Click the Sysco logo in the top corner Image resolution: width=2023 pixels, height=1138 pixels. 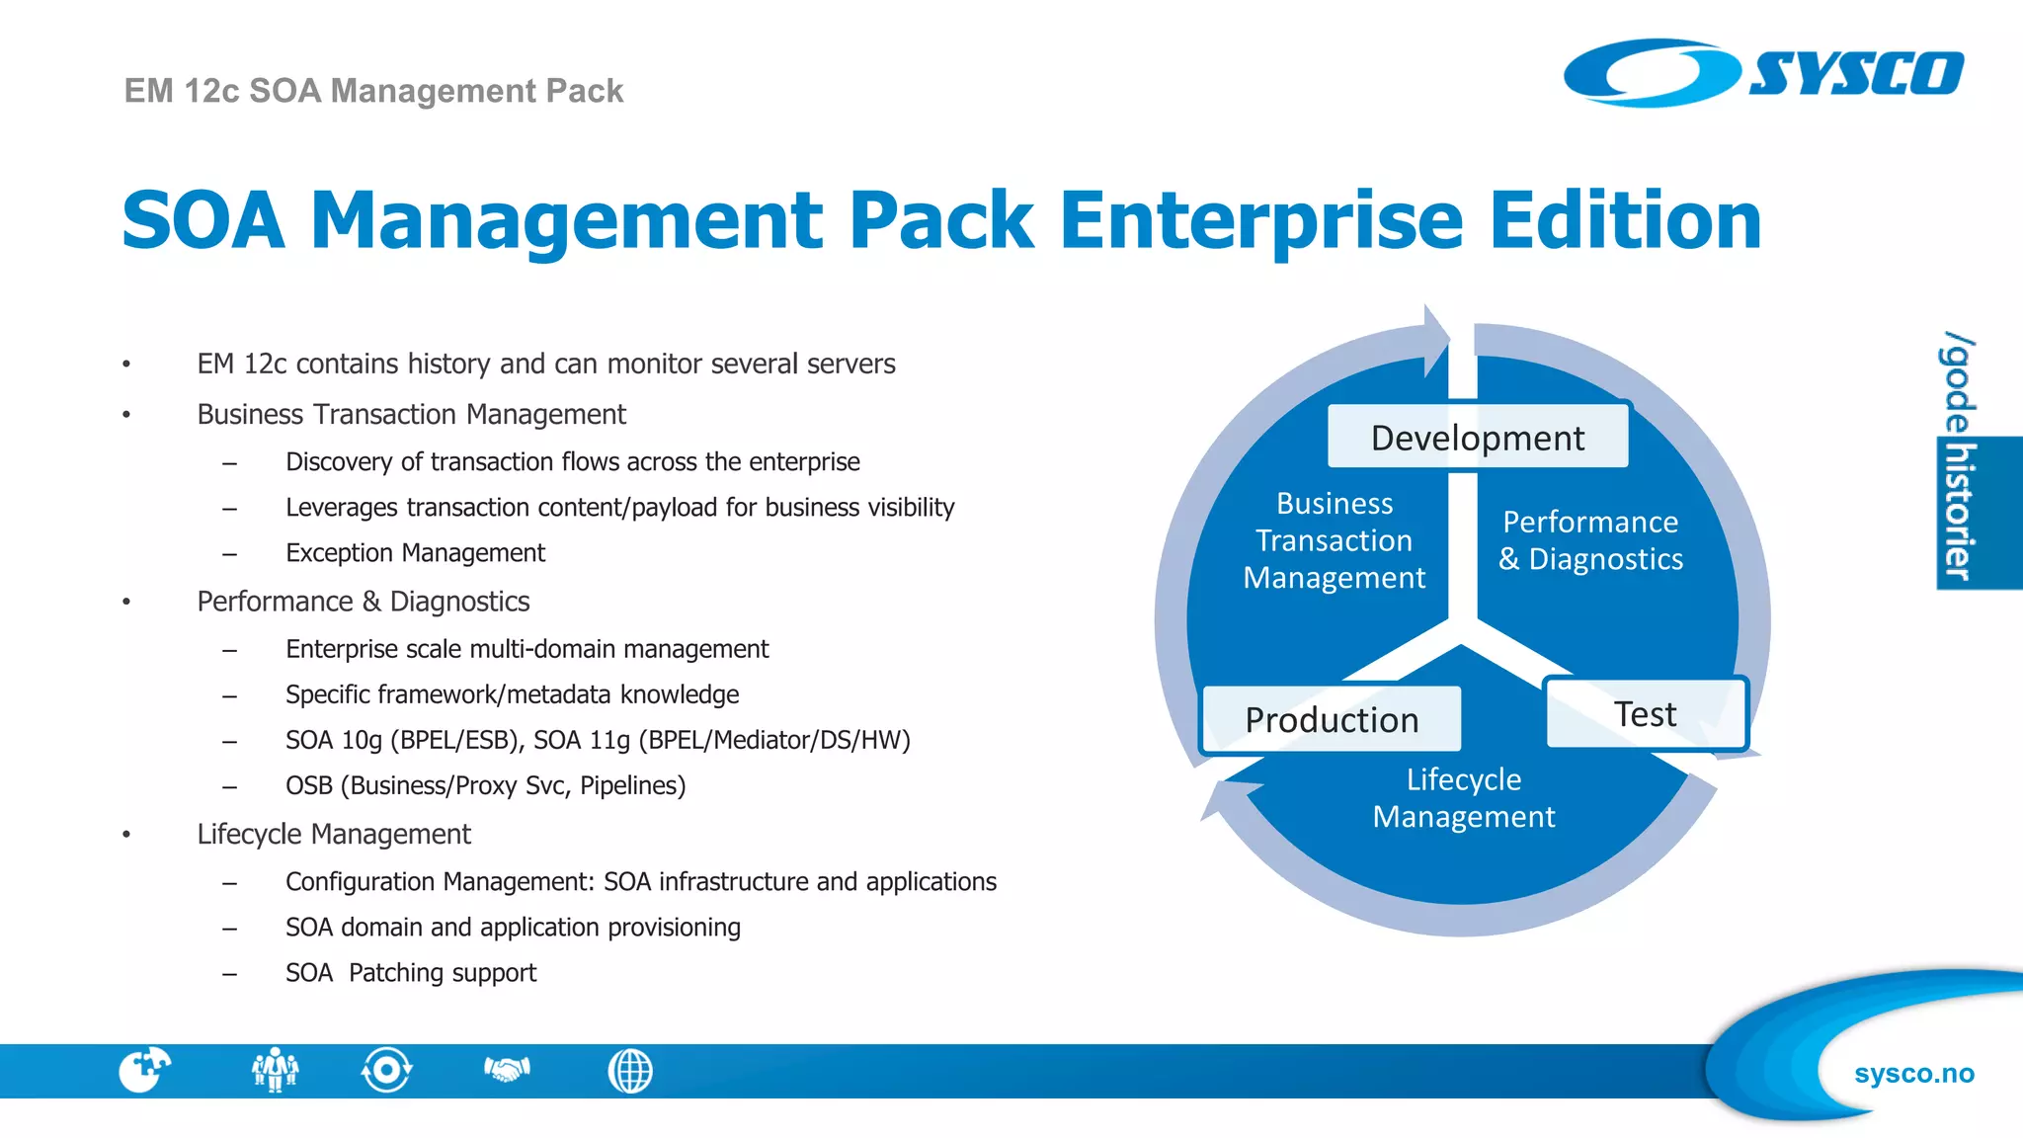coord(1763,72)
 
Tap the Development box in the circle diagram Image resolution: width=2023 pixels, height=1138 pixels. coord(1477,437)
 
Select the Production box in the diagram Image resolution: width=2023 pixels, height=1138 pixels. coord(1331,719)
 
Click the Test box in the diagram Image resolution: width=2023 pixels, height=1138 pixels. coord(1645,713)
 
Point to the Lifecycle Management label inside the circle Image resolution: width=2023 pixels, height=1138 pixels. coord(1463,798)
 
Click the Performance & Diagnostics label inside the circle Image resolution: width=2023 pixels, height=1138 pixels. coord(1590,540)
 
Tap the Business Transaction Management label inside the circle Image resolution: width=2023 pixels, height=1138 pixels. coord(1334,540)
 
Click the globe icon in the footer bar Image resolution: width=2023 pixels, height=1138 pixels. coord(630,1071)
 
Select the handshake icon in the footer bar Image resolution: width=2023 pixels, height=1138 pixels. coord(507,1070)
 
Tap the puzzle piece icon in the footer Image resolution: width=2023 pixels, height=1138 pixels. coord(144,1070)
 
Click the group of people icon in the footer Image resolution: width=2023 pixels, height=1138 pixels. coord(275,1070)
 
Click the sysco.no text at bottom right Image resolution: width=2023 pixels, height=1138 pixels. coord(1913,1074)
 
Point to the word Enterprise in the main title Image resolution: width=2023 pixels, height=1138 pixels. coord(1261,220)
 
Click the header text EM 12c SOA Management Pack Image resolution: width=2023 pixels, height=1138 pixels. coord(373,91)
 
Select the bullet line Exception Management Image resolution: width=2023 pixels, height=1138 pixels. coord(415,553)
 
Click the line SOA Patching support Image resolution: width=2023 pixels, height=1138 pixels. coord(411,973)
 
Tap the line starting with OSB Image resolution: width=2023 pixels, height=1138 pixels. coord(485,786)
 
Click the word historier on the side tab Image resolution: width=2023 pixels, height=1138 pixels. coord(1958,512)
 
